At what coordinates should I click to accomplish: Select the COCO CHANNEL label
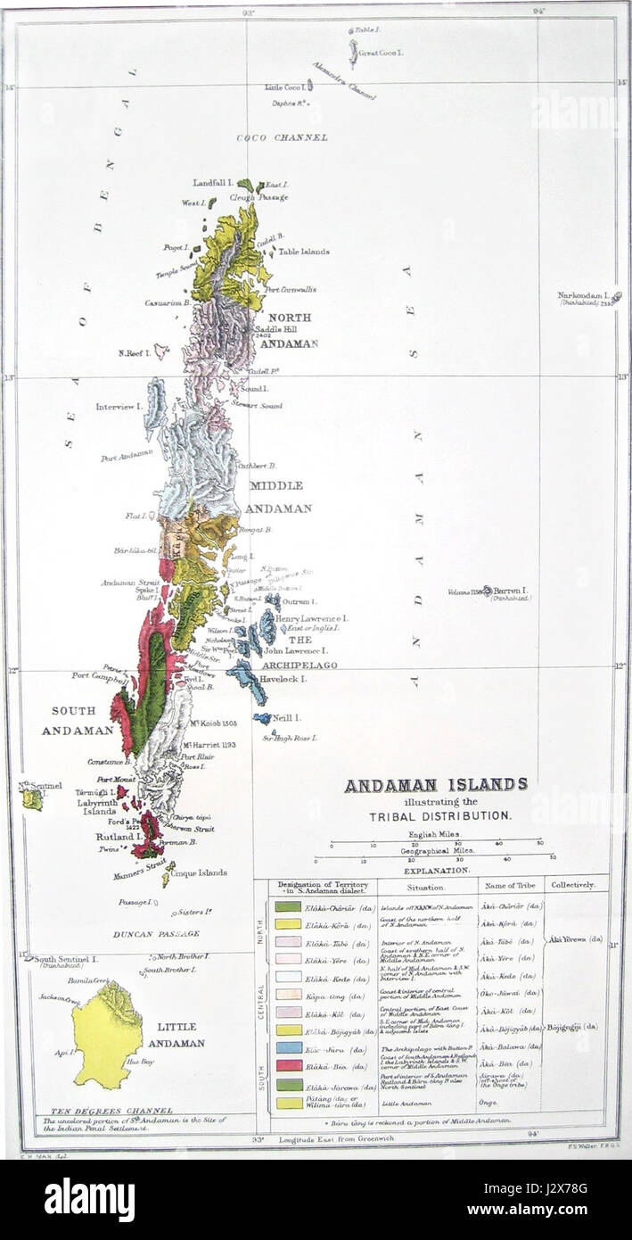(282, 137)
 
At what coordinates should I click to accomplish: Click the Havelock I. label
(283, 679)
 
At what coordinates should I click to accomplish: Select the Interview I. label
(120, 407)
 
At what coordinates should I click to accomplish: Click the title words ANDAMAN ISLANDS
(435, 786)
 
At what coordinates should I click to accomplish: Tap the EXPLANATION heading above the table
(434, 868)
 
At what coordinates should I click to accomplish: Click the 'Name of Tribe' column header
(506, 886)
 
